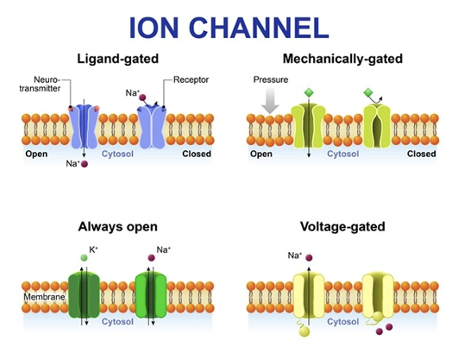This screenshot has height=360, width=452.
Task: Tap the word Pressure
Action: [270, 79]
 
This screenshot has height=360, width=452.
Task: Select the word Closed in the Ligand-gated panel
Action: [198, 155]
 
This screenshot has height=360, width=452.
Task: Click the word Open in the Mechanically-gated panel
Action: [261, 155]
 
